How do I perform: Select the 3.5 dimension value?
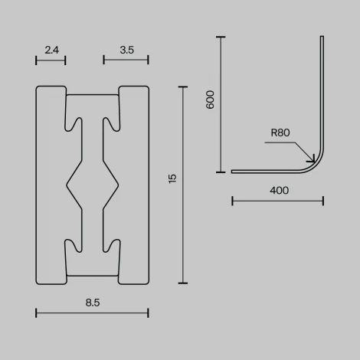point(127,50)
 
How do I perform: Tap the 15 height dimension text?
point(172,178)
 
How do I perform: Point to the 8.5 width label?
point(93,303)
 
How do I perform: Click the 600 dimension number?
point(211,100)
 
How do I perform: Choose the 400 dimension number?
point(280,190)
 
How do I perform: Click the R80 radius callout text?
point(280,133)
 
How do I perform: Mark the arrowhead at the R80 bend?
point(310,160)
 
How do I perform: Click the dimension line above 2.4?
point(51,59)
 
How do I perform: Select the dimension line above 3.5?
point(126,59)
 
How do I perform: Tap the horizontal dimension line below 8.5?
point(92,312)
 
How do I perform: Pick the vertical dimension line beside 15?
point(183,185)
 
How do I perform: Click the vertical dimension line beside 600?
point(221,104)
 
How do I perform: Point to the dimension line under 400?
point(277,201)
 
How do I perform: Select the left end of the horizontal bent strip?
point(233,172)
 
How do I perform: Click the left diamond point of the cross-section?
point(67,184)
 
